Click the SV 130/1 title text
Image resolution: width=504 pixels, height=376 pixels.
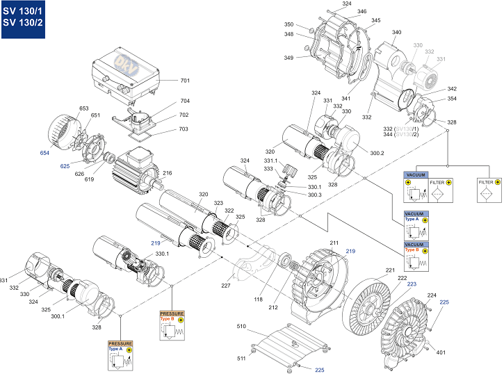(22, 10)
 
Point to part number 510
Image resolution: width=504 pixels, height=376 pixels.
(241, 326)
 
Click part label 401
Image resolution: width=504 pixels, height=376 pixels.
(440, 352)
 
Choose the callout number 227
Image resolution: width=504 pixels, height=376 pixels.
(226, 284)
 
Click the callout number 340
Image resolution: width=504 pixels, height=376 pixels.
(396, 32)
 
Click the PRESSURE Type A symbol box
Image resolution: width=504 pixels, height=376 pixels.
(120, 354)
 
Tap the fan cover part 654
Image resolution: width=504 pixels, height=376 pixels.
(63, 131)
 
